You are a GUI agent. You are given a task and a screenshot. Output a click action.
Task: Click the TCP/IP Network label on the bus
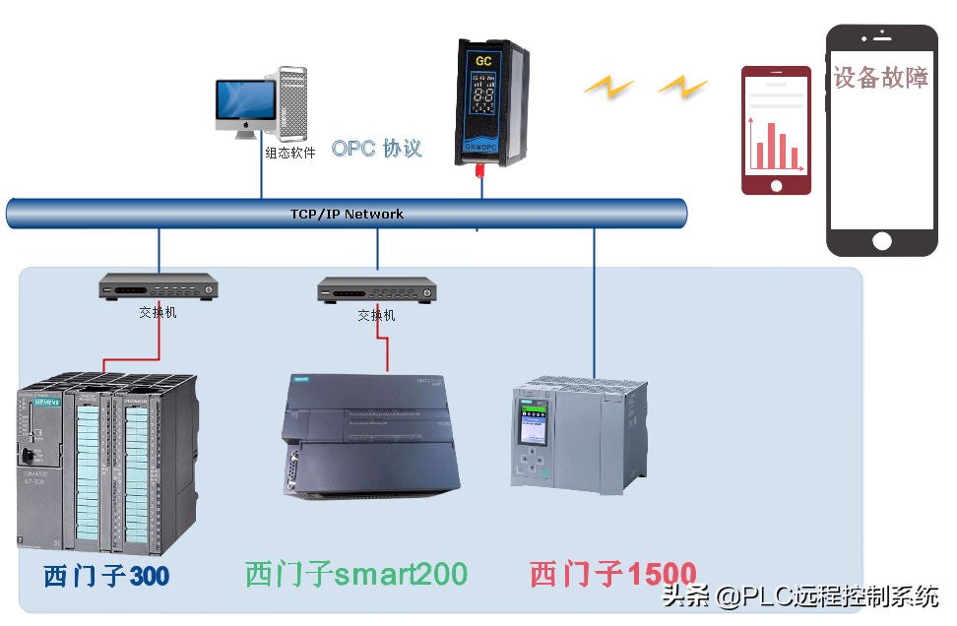point(347,214)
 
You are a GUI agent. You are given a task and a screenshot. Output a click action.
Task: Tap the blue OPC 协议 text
point(376,149)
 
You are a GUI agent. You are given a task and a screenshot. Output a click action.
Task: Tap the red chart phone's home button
point(776,185)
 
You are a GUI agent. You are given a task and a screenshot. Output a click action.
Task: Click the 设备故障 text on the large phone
point(880,77)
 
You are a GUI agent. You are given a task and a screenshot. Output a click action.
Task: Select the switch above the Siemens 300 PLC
point(158,289)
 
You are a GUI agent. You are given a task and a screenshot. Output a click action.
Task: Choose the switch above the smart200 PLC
point(376,291)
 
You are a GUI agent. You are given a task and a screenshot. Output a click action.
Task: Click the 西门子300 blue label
point(106,575)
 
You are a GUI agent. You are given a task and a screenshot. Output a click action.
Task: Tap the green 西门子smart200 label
point(355,573)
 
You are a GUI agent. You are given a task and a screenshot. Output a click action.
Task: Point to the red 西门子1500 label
point(612,574)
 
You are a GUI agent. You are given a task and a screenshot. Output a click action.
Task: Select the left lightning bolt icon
point(607,88)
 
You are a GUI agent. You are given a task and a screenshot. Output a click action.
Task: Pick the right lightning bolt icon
point(682,87)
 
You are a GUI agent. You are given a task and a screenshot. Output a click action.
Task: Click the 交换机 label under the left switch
point(158,313)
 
